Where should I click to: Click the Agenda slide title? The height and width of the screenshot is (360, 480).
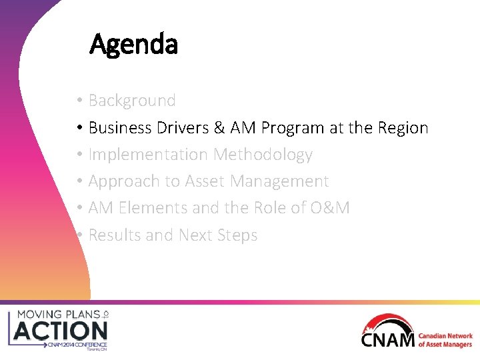133,45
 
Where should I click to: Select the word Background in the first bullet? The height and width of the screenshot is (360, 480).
132,101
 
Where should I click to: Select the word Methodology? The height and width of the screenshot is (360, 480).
263,155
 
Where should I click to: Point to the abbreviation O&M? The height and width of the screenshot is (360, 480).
329,208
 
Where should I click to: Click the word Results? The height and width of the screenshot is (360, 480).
114,235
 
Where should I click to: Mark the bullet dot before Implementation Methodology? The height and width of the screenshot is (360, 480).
79,155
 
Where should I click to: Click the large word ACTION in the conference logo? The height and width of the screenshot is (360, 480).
61,330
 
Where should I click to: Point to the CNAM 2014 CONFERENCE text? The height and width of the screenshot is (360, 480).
75,345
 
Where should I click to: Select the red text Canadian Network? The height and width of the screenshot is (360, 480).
445,336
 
